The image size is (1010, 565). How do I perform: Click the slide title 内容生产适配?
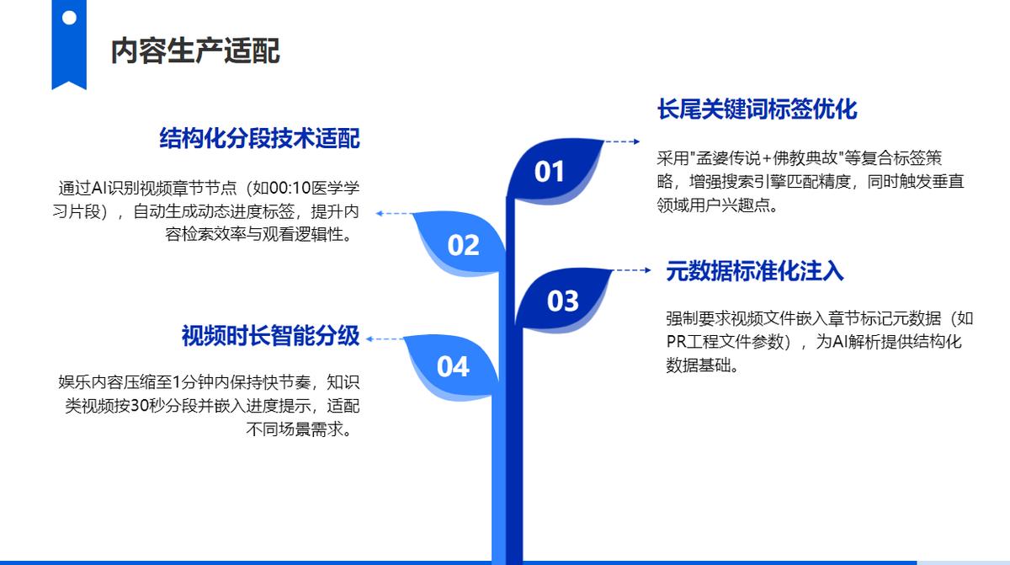pyautogui.click(x=195, y=51)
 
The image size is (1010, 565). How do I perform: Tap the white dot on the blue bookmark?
pyautogui.click(x=69, y=18)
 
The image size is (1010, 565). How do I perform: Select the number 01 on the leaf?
pyautogui.click(x=549, y=171)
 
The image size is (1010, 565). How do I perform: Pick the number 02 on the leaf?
pyautogui.click(x=463, y=245)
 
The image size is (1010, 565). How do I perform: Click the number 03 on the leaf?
pyautogui.click(x=563, y=301)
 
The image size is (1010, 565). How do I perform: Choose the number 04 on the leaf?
pyautogui.click(x=453, y=366)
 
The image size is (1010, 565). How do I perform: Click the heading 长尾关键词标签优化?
pyautogui.click(x=757, y=109)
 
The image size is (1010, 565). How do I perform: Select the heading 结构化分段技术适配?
pyautogui.click(x=260, y=138)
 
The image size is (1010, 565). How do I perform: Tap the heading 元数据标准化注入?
pyautogui.click(x=755, y=271)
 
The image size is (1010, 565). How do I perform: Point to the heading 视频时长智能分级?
pyautogui.click(x=270, y=336)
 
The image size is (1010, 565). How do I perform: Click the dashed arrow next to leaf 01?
pyautogui.click(x=622, y=141)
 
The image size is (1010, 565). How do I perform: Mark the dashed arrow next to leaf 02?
pyautogui.click(x=394, y=213)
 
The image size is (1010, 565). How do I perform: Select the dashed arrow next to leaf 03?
pyautogui.click(x=632, y=270)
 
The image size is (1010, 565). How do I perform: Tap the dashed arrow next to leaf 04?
pyautogui.click(x=385, y=339)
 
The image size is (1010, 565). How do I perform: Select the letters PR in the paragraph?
pyautogui.click(x=676, y=342)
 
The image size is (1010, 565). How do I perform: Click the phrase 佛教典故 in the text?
pyautogui.click(x=805, y=158)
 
